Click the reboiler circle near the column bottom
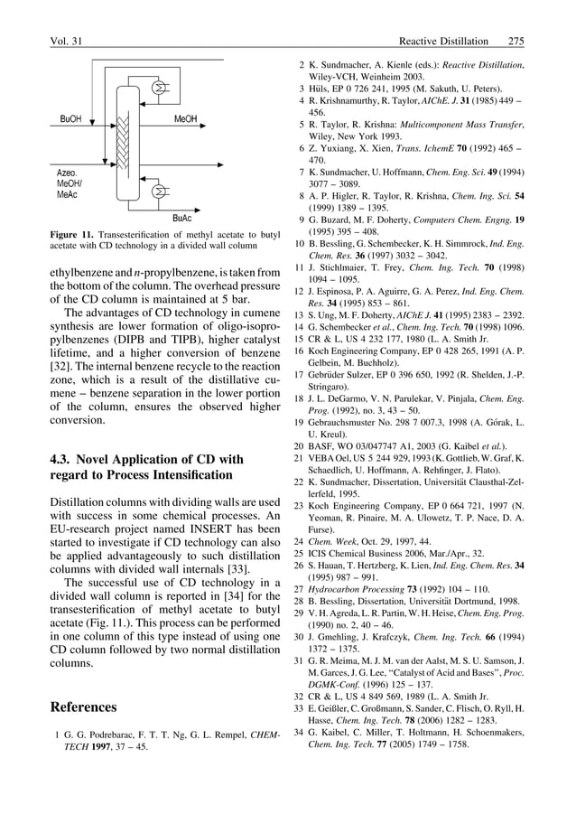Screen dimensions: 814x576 coord(160,192)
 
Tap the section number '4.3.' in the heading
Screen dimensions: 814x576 coord(65,460)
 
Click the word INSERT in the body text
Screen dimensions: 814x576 coord(205,529)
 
